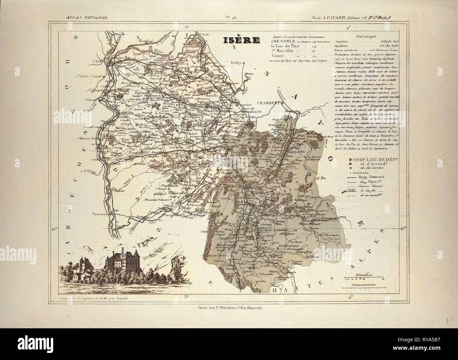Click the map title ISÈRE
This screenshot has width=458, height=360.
(242, 41)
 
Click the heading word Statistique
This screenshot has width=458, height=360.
(366, 36)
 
